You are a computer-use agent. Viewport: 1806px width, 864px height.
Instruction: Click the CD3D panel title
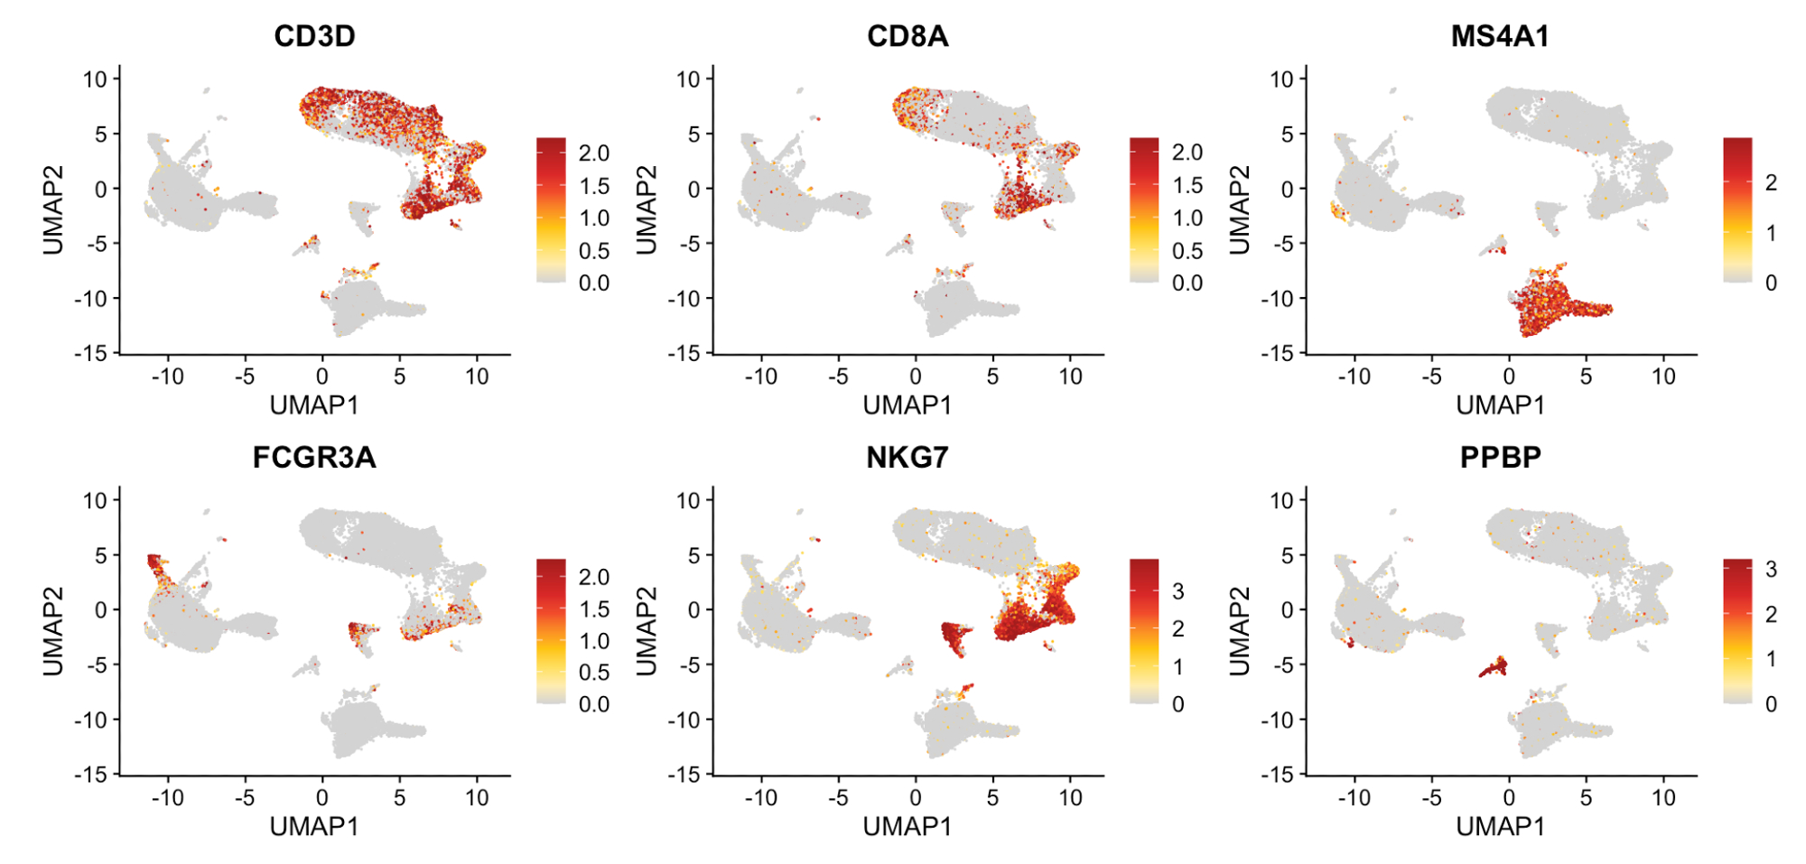tap(314, 36)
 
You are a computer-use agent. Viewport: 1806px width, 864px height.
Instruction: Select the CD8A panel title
tap(908, 36)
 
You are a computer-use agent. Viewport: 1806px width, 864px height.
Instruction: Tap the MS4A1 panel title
tap(1500, 36)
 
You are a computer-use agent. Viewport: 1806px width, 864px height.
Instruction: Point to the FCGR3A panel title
tap(314, 458)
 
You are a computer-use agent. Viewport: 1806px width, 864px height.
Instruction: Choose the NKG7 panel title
tap(908, 458)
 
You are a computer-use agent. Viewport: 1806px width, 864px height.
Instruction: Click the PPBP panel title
tap(1500, 458)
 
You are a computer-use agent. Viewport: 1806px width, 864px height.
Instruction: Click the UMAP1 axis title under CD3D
tap(314, 405)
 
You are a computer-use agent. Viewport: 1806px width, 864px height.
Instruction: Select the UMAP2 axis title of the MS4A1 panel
tap(1240, 209)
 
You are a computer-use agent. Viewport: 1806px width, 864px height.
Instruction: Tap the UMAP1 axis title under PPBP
tap(1500, 826)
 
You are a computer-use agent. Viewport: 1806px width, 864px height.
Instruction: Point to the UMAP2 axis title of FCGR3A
tap(53, 631)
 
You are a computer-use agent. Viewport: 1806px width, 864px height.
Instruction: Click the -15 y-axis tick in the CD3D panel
tap(90, 353)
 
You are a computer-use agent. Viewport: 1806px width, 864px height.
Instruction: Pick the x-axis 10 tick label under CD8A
tap(1070, 376)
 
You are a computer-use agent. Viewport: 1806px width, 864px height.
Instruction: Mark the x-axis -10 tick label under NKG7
tap(760, 798)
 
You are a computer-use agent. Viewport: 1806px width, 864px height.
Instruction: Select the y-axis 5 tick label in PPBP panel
tap(1287, 555)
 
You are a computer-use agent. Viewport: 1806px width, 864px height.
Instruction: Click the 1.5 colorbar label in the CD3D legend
tap(593, 186)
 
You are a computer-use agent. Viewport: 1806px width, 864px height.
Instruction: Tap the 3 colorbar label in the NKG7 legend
tap(1178, 591)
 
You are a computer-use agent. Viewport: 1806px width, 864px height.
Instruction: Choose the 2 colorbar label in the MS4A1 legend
tap(1771, 183)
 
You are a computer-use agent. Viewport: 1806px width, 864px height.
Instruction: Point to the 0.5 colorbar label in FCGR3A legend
tap(593, 673)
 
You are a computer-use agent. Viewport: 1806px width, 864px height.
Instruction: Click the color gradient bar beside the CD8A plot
tap(1143, 209)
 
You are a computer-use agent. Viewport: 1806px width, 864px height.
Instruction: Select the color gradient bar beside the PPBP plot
tap(1736, 631)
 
